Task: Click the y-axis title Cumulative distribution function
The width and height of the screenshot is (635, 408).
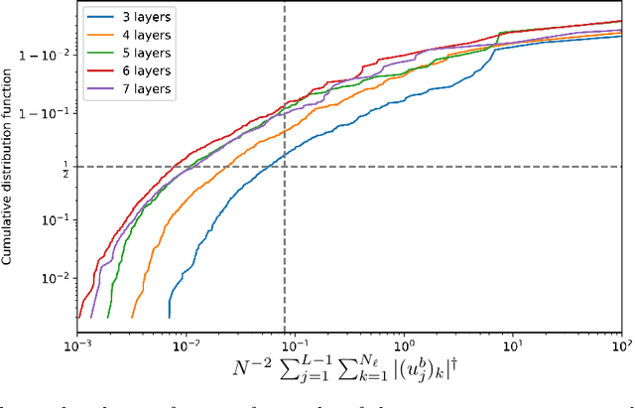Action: pyautogui.click(x=9, y=162)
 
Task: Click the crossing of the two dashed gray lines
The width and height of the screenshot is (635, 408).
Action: pyautogui.click(x=285, y=166)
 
